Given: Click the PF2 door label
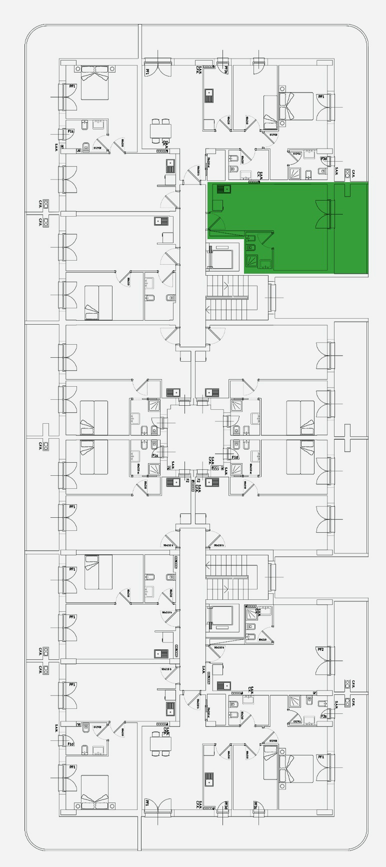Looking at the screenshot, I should (x=320, y=649).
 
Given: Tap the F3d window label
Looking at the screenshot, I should (x=323, y=159).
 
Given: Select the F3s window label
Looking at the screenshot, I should (x=323, y=716).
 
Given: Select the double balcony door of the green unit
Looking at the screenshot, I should (x=323, y=214).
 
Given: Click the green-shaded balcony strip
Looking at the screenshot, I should (x=351, y=228).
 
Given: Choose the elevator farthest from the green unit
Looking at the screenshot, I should (x=221, y=617).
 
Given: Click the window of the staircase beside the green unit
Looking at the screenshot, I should (x=272, y=298).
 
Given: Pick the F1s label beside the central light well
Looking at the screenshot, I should (x=155, y=456).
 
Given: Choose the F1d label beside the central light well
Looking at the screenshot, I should (x=234, y=457).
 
